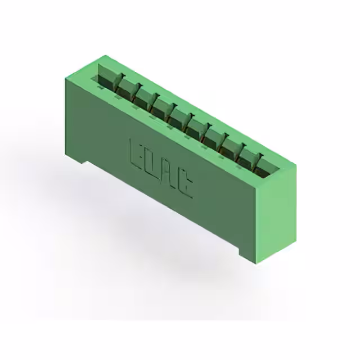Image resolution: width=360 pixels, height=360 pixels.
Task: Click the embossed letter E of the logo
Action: click(136, 151)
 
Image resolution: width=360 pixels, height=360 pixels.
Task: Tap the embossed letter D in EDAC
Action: click(151, 163)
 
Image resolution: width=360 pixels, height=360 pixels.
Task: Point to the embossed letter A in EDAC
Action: click(168, 175)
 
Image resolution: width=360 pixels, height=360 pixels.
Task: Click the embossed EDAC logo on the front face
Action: click(161, 169)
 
